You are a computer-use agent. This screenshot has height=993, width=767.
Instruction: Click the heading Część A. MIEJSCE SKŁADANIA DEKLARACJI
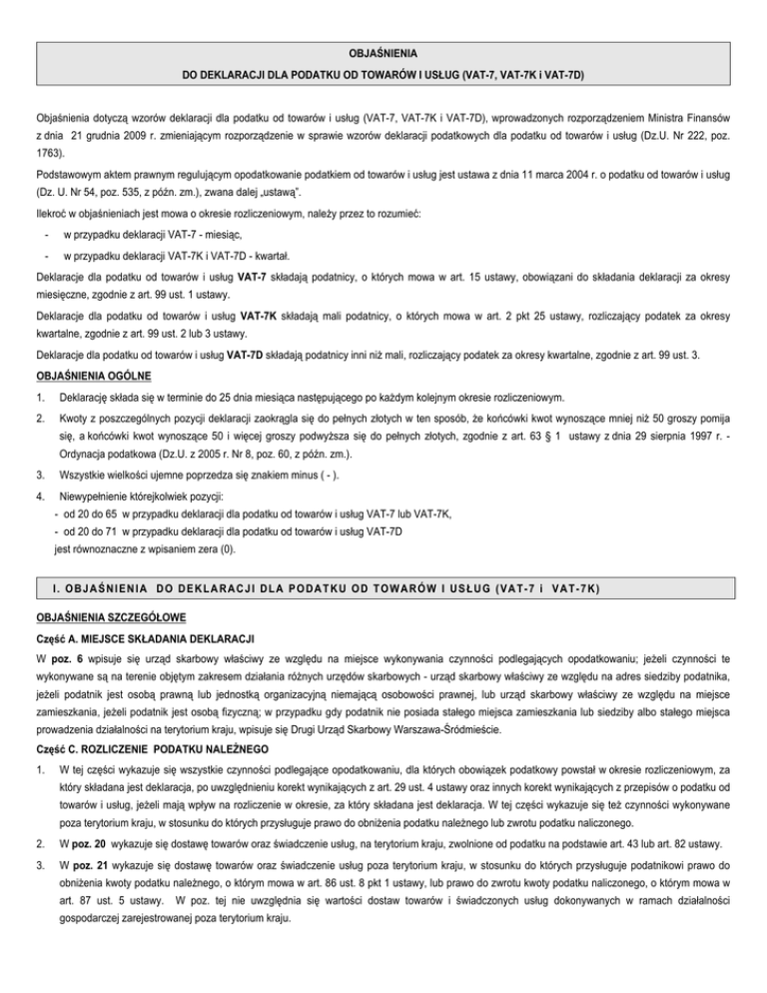pyautogui.click(x=132, y=637)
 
